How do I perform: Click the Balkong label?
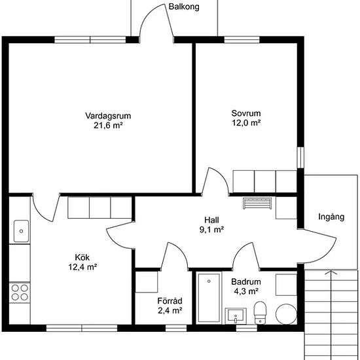tap(184, 7)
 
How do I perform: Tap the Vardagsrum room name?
tap(108, 115)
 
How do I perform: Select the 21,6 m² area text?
tap(108, 126)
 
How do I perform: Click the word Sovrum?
tap(246, 113)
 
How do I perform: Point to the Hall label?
tap(211, 220)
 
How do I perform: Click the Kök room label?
tap(82, 257)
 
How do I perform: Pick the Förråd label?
tap(170, 301)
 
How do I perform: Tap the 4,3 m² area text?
tap(246, 291)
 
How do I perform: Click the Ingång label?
tap(331, 217)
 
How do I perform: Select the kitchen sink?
tap(22, 231)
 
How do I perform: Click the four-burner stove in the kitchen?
tap(20, 293)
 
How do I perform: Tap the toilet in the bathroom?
tap(260, 313)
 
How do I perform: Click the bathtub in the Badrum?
tap(209, 298)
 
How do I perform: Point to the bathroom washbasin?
tap(236, 316)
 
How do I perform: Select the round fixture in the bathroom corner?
tap(286, 314)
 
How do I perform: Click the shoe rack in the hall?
tap(257, 204)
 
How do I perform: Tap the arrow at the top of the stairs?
tap(331, 272)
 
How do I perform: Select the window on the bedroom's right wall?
tap(300, 158)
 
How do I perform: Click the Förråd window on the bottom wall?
tap(176, 328)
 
